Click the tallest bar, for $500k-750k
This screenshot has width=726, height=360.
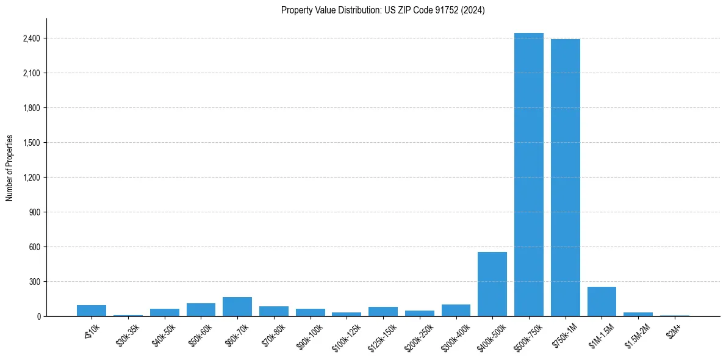click(528, 175)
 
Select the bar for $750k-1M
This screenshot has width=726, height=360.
click(565, 178)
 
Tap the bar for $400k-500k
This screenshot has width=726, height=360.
click(492, 284)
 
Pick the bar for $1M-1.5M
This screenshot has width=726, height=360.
click(602, 301)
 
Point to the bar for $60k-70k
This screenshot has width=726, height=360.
click(237, 306)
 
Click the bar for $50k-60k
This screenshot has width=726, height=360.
click(201, 309)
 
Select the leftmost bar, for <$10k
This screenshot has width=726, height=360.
click(92, 311)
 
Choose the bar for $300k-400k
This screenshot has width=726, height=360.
click(456, 310)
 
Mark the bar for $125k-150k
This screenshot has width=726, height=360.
click(383, 311)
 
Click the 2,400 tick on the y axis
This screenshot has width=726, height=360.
click(32, 38)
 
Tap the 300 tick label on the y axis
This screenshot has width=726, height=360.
click(35, 282)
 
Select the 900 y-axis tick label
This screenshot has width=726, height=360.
click(35, 212)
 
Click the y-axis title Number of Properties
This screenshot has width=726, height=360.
click(10, 167)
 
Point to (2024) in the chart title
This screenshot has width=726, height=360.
click(474, 10)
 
